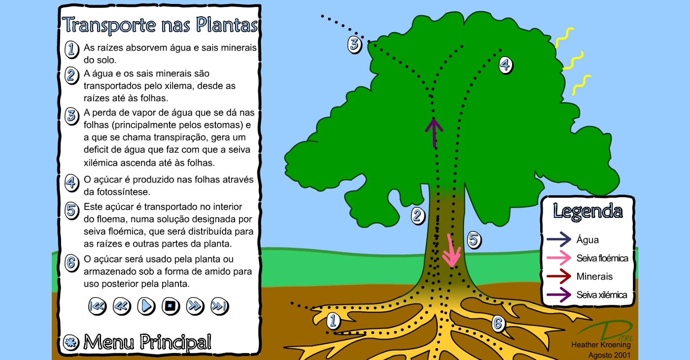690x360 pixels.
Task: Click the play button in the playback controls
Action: click(146, 306)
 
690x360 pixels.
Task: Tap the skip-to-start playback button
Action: click(97, 306)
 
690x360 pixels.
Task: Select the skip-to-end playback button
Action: click(219, 306)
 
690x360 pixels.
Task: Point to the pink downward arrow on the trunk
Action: click(451, 251)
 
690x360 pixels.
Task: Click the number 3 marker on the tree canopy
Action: click(354, 44)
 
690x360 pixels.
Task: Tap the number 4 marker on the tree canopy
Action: click(505, 65)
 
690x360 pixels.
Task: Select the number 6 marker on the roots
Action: click(498, 324)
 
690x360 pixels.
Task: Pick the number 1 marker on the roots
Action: click(334, 321)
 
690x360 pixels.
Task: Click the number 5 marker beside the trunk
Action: click(473, 240)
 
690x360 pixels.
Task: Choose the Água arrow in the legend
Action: click(558, 240)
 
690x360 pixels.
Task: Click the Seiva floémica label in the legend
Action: click(602, 258)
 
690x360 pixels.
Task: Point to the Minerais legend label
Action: click(594, 276)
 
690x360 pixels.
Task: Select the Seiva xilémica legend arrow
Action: click(558, 295)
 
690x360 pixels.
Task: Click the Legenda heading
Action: click(587, 211)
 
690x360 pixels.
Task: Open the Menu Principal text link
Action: click(147, 342)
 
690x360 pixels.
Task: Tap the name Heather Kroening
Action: click(601, 345)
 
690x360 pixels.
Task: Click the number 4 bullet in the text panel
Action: click(71, 182)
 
